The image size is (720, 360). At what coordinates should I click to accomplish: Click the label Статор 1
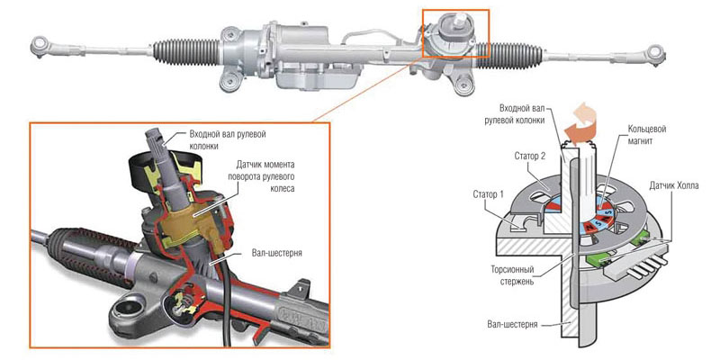[x=494, y=193]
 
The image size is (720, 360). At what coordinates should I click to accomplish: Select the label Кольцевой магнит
[x=651, y=135]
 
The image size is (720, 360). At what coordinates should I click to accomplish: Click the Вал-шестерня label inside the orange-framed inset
[x=277, y=254]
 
